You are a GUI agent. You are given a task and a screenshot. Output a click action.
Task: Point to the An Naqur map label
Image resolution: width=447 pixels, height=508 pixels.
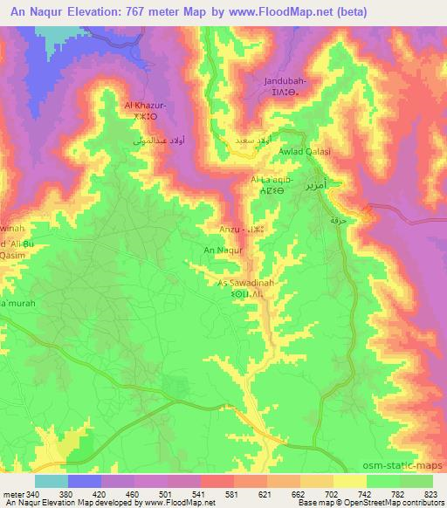click(222, 250)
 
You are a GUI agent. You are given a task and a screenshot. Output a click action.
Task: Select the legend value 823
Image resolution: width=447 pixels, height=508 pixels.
click(430, 494)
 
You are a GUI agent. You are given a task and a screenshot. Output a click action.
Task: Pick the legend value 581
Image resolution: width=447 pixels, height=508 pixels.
click(232, 494)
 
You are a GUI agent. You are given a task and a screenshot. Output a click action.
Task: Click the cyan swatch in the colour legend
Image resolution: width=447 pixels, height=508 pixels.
click(51, 481)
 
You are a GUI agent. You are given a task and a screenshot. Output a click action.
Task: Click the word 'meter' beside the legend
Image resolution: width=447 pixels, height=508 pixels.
click(12, 494)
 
